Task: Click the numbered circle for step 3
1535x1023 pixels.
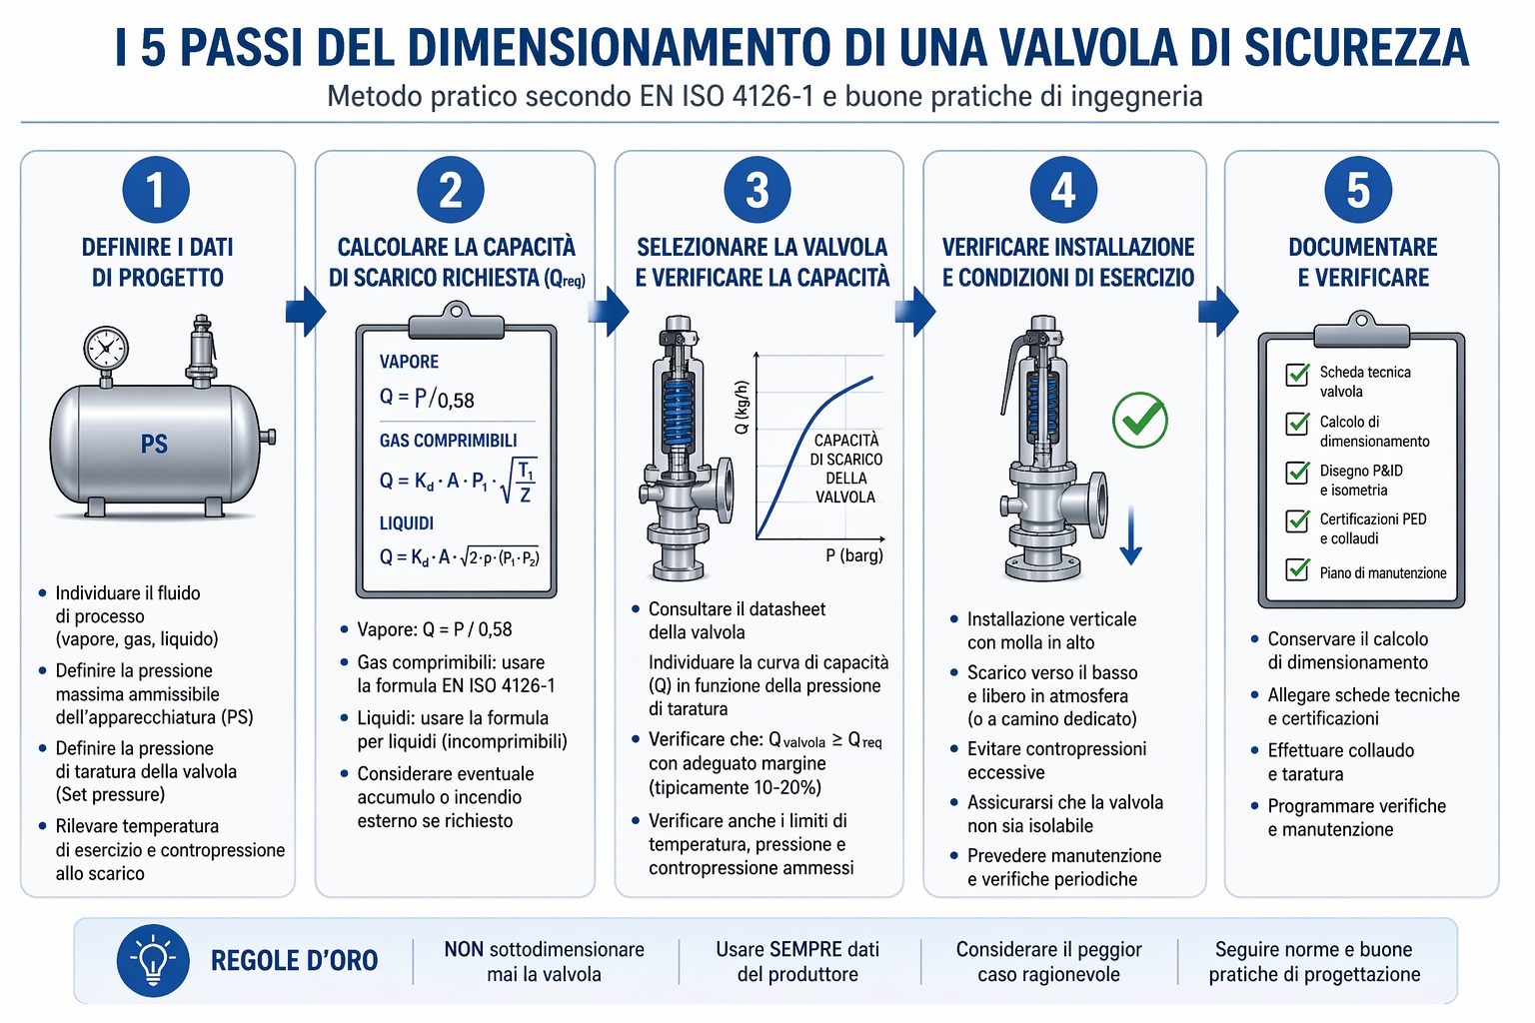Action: click(x=758, y=190)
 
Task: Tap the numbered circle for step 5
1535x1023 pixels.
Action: click(x=1358, y=190)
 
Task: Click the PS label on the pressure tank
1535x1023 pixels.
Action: click(x=154, y=444)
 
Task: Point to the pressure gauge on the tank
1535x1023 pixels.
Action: click(x=105, y=350)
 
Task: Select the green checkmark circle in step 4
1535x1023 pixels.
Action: click(x=1140, y=420)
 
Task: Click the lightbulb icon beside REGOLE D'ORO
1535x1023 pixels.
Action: click(x=152, y=960)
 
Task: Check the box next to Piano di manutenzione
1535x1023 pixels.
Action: click(x=1297, y=569)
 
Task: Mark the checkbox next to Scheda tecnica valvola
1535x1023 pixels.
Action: click(x=1297, y=375)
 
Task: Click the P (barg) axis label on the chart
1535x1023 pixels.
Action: click(x=854, y=555)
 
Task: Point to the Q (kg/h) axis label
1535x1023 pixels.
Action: click(x=742, y=408)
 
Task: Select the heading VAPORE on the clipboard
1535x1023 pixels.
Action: click(x=409, y=362)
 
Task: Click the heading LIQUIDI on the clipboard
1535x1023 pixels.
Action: click(x=407, y=522)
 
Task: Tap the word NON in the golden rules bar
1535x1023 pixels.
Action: click(x=464, y=949)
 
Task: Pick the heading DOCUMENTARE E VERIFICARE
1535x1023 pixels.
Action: click(x=1362, y=262)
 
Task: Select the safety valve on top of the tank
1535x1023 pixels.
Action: click(x=202, y=350)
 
